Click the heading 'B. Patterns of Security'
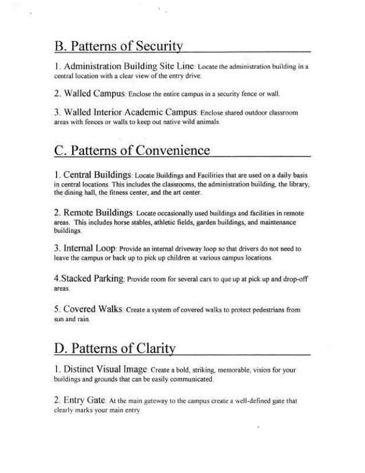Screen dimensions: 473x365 (118, 46)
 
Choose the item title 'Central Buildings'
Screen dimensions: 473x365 (99, 174)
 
